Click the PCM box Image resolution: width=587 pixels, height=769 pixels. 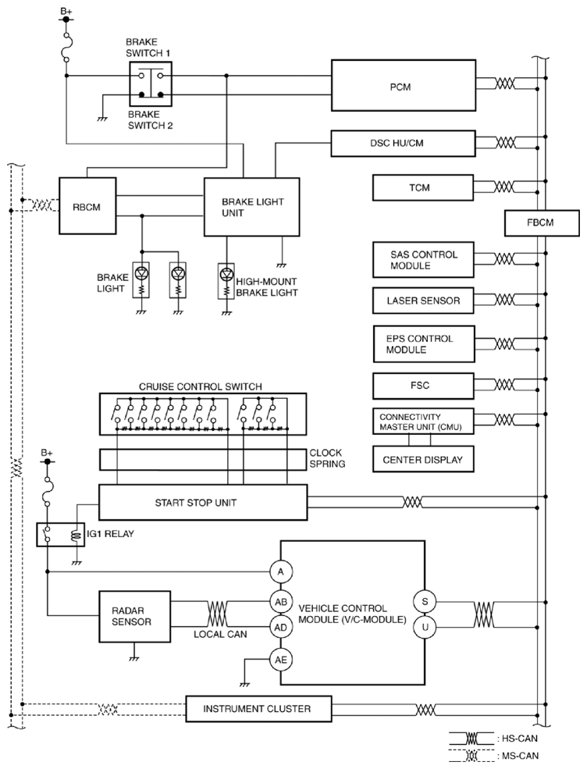(403, 85)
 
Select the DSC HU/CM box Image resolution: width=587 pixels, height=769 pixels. (403, 143)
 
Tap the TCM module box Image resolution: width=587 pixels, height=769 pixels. (423, 188)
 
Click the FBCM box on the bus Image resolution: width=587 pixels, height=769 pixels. (542, 223)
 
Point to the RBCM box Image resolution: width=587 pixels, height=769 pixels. (87, 206)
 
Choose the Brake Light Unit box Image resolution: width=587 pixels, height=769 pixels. (251, 207)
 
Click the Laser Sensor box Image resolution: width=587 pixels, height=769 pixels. (423, 301)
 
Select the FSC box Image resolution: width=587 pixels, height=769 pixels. (423, 386)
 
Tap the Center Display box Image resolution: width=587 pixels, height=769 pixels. (423, 460)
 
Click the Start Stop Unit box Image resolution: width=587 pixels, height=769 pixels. (203, 502)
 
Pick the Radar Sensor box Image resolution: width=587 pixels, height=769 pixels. (135, 617)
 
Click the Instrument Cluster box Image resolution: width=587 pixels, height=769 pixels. (258, 709)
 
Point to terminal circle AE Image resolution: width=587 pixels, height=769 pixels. (280, 660)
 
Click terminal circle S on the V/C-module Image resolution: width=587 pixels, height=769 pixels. (425, 602)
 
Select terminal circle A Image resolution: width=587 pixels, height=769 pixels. (280, 571)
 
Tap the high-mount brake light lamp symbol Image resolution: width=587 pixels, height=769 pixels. (226, 281)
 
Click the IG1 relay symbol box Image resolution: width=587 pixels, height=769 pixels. (61, 535)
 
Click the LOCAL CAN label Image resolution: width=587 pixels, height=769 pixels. (220, 634)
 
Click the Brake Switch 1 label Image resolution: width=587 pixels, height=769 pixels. (148, 48)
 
